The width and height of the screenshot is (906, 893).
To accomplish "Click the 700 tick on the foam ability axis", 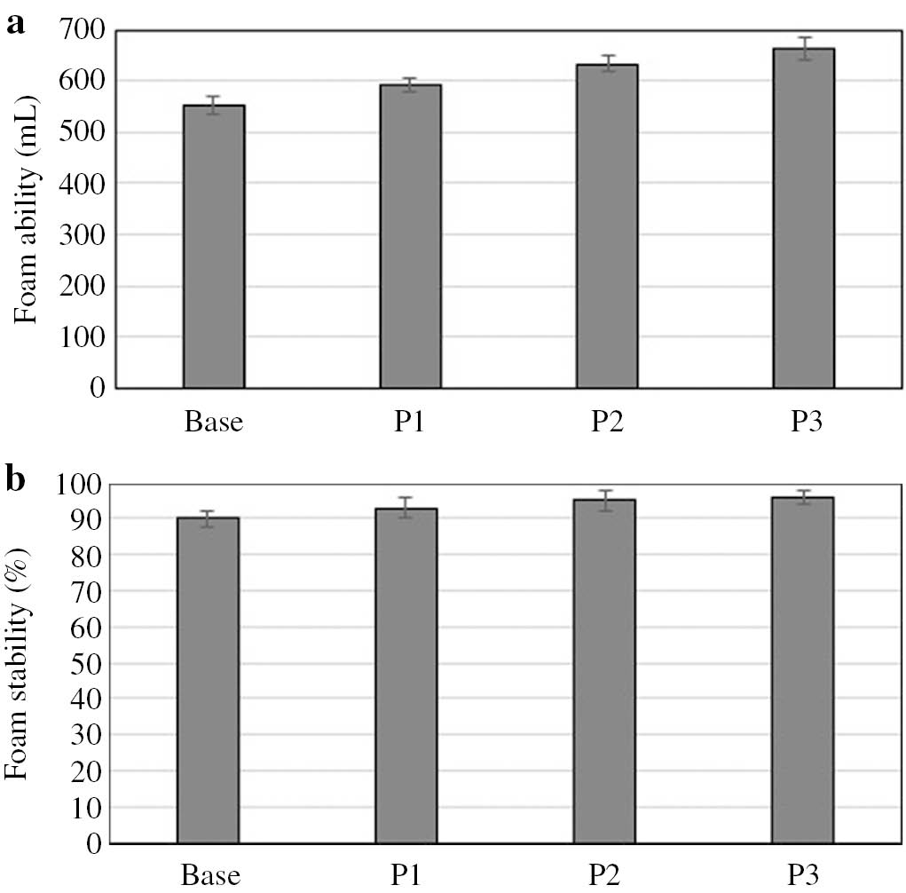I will click(x=83, y=30).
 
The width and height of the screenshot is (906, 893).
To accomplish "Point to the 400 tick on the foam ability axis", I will click(x=83, y=184).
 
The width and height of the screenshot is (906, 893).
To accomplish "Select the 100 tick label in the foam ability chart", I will click(x=83, y=337).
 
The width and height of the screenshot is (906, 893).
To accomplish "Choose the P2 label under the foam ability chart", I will click(x=605, y=422).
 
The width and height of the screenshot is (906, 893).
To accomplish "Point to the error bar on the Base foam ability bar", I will click(x=214, y=105).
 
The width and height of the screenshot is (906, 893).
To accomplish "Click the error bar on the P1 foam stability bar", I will click(x=406, y=508).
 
